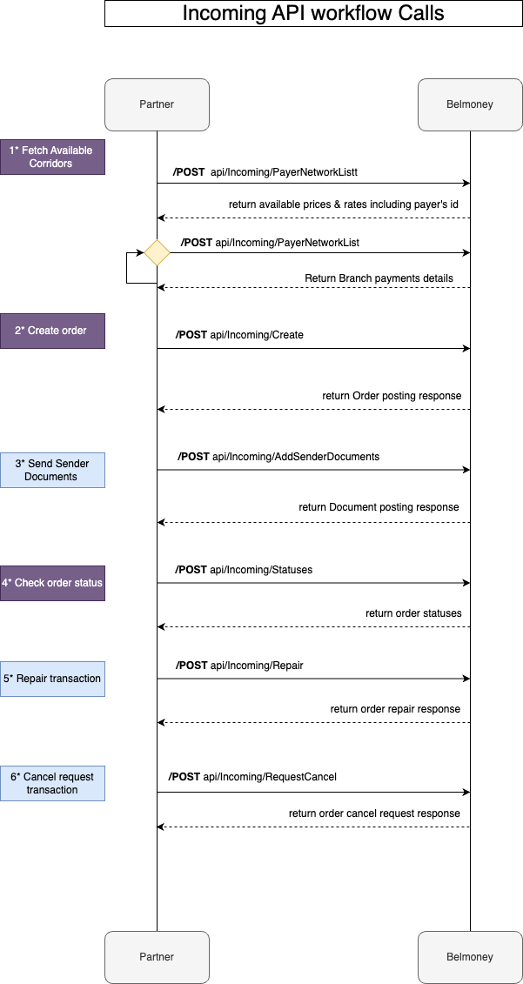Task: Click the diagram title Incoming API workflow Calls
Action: click(x=313, y=13)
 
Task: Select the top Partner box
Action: click(x=157, y=104)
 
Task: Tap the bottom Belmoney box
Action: click(x=470, y=957)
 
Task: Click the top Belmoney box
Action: click(x=470, y=104)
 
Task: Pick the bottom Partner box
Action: click(x=157, y=957)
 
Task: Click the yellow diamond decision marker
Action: click(x=157, y=253)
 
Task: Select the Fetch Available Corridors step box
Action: click(x=52, y=157)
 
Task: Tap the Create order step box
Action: click(x=52, y=331)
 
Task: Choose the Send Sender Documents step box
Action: click(x=52, y=470)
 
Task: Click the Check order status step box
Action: click(x=52, y=583)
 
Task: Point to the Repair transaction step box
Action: click(x=52, y=679)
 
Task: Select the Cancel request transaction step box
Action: click(x=52, y=783)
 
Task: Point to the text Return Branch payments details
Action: click(x=379, y=278)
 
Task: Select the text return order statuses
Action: click(x=412, y=613)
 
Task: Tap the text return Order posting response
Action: click(x=392, y=396)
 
